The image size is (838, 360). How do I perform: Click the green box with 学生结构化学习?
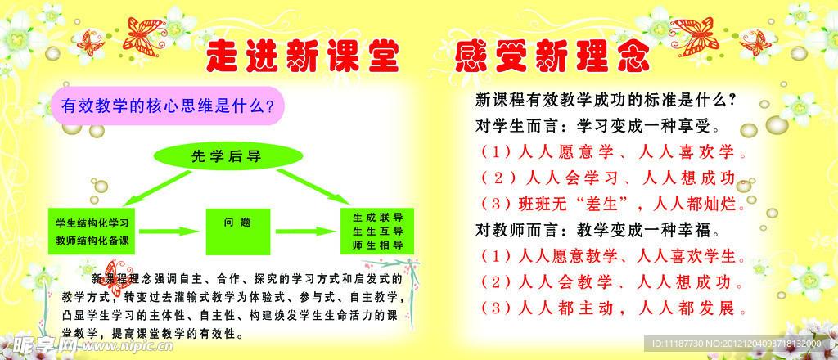(92, 230)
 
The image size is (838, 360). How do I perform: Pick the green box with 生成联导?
(377, 231)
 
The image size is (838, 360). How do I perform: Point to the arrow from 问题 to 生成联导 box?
(307, 231)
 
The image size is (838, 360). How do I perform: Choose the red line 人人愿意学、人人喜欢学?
(610, 153)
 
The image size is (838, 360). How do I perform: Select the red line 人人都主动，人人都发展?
(610, 308)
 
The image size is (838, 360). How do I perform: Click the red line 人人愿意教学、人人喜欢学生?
(610, 256)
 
